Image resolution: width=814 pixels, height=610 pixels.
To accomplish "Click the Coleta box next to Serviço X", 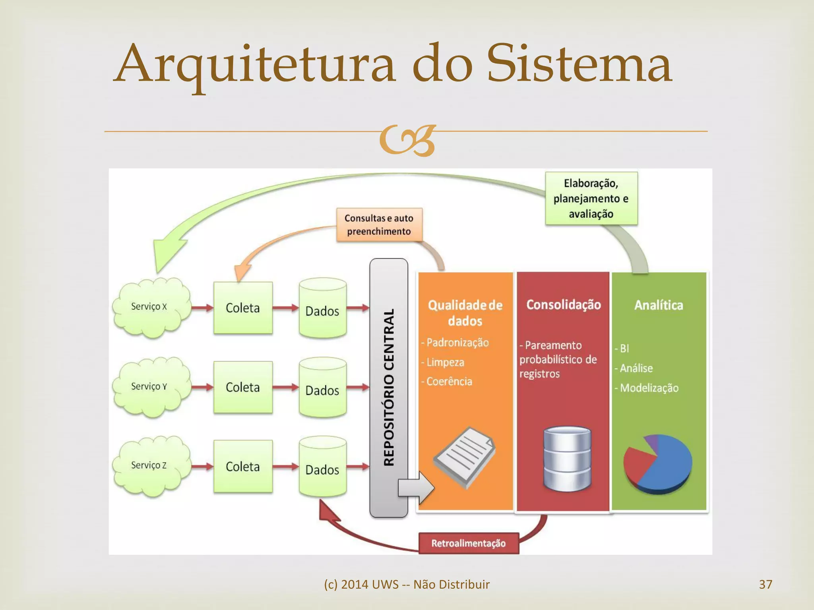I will pos(243,308).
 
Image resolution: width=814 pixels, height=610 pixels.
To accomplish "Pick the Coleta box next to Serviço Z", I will pos(243,466).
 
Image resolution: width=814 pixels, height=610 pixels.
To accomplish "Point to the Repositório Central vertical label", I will pos(389,387).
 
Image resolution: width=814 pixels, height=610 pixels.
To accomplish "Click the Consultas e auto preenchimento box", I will pos(379,225).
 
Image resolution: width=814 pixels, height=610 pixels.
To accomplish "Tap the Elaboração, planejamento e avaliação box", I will pos(591,199).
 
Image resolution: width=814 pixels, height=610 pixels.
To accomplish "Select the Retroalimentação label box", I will pos(469,543).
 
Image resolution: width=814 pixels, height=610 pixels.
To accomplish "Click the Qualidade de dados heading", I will pos(465,313).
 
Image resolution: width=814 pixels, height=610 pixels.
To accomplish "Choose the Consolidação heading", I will pos(563,305).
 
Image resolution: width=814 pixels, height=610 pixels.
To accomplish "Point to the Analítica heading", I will pos(659,305).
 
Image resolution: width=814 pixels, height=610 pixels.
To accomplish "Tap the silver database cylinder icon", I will pos(567,459).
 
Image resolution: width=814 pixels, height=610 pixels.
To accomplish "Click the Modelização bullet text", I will pos(649,388).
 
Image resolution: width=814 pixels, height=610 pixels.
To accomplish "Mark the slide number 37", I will pos(766,584).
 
